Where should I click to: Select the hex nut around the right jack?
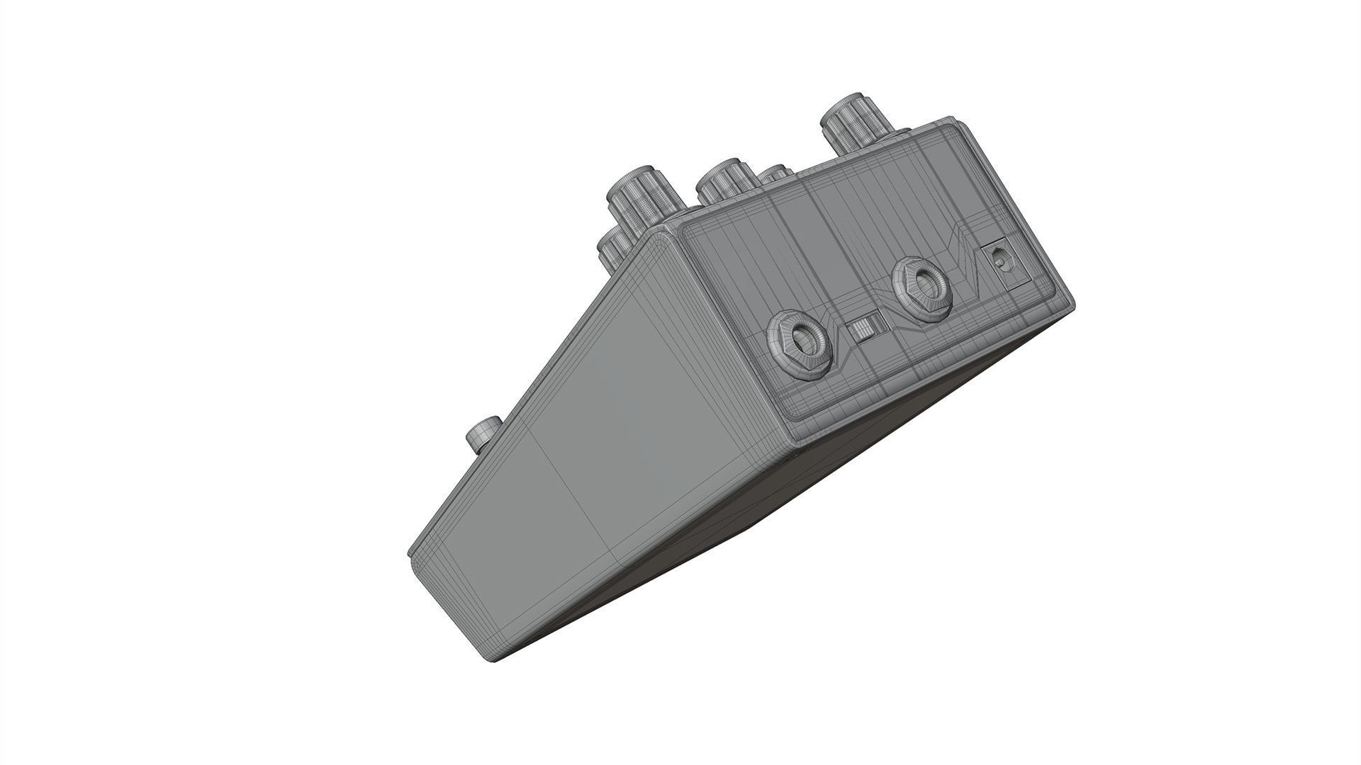coord(904,290)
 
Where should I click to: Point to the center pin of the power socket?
coord(1000,261)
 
